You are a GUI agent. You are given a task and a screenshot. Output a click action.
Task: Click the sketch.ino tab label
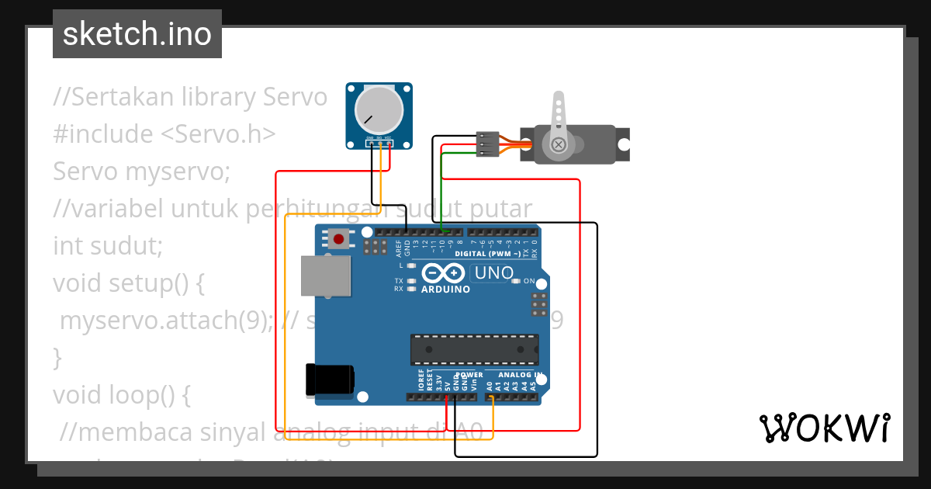click(x=137, y=34)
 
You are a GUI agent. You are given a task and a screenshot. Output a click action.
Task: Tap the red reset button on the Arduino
click(x=339, y=239)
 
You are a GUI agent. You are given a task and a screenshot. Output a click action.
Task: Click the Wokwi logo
click(x=824, y=428)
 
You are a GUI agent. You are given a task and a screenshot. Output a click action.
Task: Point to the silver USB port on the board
click(x=325, y=276)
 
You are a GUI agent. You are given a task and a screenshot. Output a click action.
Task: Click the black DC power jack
click(x=330, y=380)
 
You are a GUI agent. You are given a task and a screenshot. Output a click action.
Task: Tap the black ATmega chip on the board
click(x=475, y=349)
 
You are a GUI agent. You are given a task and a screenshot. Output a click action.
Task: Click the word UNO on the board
click(x=493, y=273)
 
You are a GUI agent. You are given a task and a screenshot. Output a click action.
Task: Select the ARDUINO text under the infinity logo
click(x=445, y=290)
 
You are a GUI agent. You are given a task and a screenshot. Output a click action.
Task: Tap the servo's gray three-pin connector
click(x=487, y=144)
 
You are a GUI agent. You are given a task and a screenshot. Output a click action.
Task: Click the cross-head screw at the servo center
click(x=558, y=144)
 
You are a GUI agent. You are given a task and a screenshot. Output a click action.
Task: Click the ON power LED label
click(x=529, y=281)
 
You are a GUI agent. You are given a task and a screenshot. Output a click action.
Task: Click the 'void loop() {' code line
click(x=121, y=394)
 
